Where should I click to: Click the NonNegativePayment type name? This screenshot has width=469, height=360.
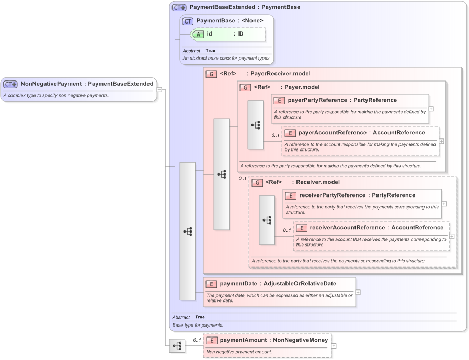point(51,84)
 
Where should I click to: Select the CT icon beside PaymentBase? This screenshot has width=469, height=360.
point(188,21)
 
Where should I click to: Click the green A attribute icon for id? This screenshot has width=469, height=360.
point(200,34)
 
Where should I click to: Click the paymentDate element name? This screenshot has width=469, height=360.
point(238,284)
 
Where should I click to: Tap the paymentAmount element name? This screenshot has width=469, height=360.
point(243,340)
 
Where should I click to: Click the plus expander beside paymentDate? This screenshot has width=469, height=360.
point(358,292)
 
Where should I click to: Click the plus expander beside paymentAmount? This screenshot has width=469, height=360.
point(334,346)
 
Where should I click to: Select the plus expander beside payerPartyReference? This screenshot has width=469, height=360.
point(431,109)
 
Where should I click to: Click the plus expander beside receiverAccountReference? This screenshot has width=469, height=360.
point(452,236)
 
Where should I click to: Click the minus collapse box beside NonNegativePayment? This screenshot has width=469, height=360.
point(159,89)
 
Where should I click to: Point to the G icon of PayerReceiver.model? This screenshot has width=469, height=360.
point(212,74)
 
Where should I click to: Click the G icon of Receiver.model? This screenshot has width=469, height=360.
point(257,183)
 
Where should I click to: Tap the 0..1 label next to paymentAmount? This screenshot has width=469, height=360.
point(197,340)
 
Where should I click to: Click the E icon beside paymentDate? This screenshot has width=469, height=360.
point(211,284)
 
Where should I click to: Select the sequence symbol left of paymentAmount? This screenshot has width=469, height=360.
point(177,346)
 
